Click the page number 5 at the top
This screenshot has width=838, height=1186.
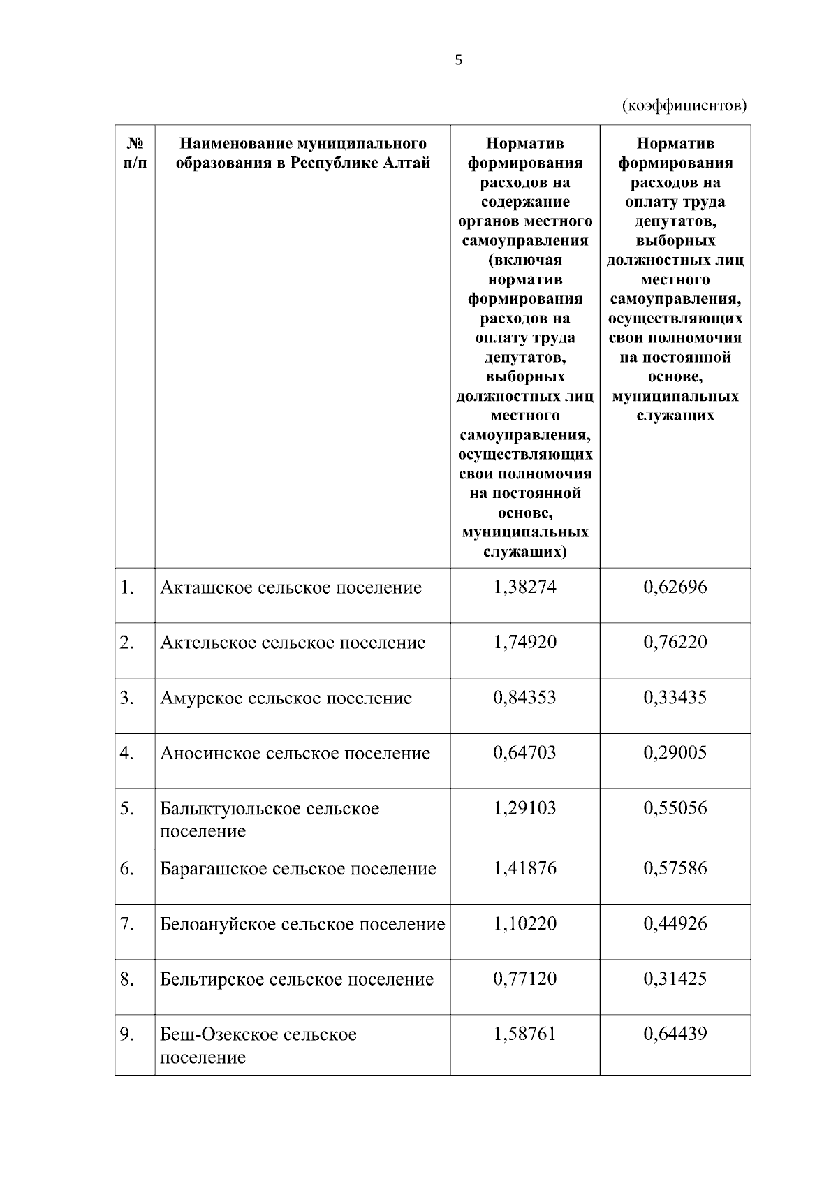(458, 61)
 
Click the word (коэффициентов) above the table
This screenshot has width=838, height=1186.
(684, 105)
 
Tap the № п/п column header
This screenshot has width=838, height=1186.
(135, 153)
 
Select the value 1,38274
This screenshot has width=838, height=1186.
(525, 587)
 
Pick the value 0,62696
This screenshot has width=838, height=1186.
(675, 587)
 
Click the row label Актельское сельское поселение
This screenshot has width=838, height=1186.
(293, 643)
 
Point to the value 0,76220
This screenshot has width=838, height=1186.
(675, 642)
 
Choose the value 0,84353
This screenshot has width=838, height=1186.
(525, 698)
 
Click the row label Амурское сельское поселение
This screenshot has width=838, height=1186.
(286, 698)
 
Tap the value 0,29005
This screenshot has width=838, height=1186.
(675, 753)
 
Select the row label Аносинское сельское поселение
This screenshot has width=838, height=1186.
(295, 754)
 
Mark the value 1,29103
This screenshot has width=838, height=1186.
(525, 808)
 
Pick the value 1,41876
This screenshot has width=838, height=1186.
(525, 869)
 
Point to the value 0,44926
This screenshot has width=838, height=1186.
(675, 924)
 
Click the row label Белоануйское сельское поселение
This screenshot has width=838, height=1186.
(302, 925)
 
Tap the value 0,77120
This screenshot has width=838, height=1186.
(525, 979)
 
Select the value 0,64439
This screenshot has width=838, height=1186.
(675, 1034)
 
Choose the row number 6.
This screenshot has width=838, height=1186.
(126, 869)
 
